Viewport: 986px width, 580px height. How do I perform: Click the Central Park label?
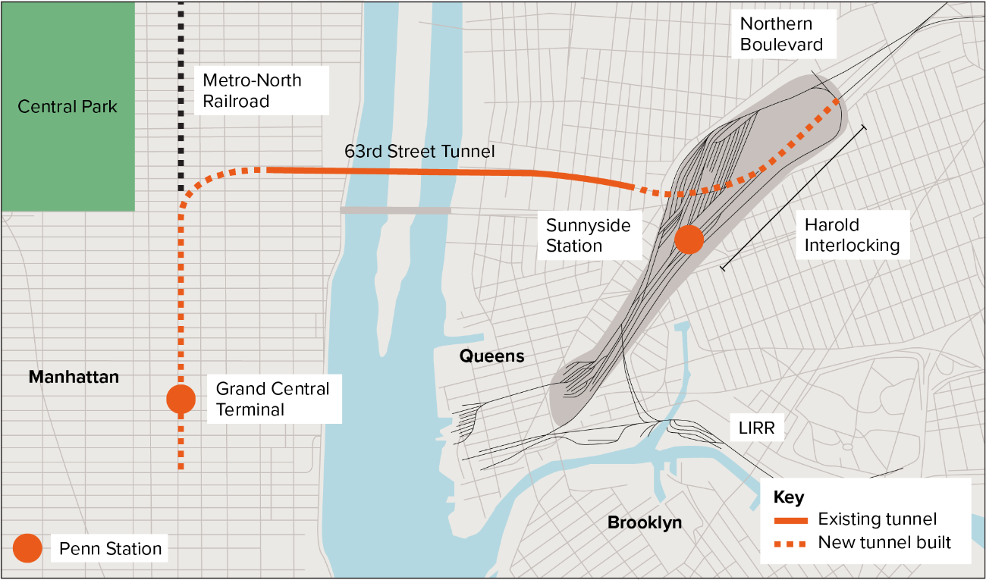(x=68, y=106)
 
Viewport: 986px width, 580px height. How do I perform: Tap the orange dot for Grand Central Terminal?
(x=181, y=399)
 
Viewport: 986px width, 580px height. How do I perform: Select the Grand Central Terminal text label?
(x=272, y=400)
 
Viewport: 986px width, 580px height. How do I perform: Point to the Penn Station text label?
(x=111, y=549)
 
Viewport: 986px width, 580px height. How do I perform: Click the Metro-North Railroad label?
(x=252, y=90)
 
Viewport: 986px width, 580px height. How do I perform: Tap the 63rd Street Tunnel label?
(x=419, y=152)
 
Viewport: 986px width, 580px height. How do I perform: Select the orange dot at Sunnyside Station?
(x=689, y=240)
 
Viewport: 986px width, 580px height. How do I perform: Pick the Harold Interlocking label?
(x=852, y=235)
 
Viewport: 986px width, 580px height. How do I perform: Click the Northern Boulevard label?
(x=781, y=34)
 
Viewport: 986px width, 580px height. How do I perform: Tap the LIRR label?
(x=756, y=428)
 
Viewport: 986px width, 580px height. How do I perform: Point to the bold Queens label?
(x=492, y=356)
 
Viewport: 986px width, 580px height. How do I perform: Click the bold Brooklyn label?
(x=645, y=522)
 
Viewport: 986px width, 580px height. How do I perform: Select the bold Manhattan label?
(x=74, y=377)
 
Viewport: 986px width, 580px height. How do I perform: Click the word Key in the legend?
(x=788, y=497)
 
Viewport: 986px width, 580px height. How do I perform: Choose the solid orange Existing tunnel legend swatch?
(x=790, y=520)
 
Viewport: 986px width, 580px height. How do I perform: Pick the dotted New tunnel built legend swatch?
(x=790, y=544)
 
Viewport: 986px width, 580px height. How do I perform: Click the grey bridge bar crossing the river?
(x=395, y=210)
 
